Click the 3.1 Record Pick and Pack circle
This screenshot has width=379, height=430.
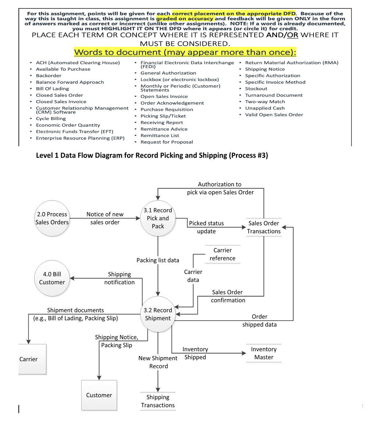pos(158,218)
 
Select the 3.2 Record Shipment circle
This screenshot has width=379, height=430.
pos(158,314)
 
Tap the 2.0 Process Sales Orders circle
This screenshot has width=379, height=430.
pos(52,218)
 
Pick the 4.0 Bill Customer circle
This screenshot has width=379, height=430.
pos(52,278)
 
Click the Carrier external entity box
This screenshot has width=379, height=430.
pos(32,359)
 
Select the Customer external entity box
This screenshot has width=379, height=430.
pos(99,395)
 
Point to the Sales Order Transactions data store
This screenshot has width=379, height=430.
pos(264,227)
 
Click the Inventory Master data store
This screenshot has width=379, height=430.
pos(264,353)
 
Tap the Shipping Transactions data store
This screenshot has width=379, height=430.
pos(158,401)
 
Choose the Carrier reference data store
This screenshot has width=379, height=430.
pos(223,254)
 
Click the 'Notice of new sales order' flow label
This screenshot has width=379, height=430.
pos(105,218)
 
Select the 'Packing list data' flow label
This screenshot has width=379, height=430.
pos(158,260)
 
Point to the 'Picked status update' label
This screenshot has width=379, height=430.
pos(206,227)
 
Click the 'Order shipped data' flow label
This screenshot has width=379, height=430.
pos(259,320)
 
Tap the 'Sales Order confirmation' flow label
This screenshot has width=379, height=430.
pos(228,296)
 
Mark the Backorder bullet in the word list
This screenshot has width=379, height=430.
pos(49,75)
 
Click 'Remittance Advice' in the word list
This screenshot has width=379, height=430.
pos(164,129)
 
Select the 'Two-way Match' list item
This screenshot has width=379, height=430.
pos(265,102)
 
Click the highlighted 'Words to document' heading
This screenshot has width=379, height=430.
pos(185,52)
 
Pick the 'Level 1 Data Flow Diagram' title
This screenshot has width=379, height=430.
pos(152,155)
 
